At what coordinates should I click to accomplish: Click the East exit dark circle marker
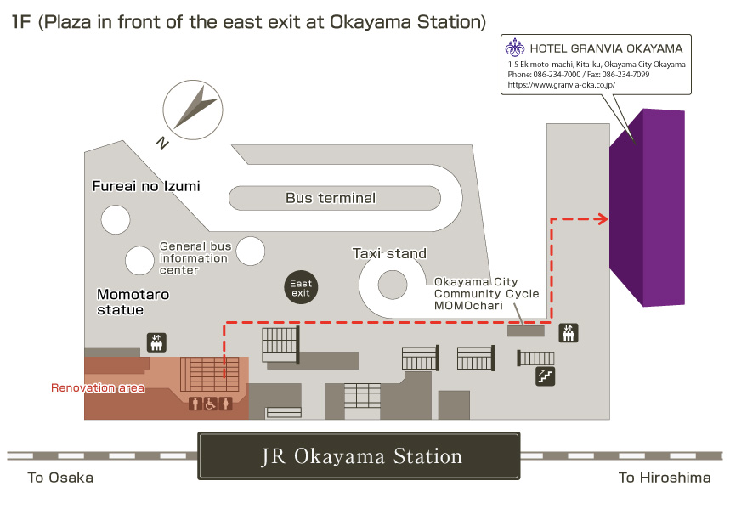(301, 287)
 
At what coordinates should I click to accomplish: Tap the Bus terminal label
(331, 198)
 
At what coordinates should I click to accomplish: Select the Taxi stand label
(389, 253)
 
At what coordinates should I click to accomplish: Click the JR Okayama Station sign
(359, 455)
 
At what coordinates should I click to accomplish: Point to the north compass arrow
(195, 107)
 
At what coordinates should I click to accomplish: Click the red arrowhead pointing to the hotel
(602, 219)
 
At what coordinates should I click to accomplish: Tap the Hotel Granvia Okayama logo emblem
(515, 48)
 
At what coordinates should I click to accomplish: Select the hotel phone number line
(578, 75)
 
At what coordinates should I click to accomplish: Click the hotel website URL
(562, 85)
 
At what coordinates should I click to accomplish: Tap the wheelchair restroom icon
(211, 404)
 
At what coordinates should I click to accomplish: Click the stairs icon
(546, 376)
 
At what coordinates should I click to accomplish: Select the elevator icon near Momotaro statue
(156, 342)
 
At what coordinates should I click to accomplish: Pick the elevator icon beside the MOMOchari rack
(569, 333)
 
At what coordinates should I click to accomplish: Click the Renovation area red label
(98, 387)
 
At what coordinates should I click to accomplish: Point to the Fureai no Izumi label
(146, 186)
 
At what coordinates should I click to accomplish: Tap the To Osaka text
(60, 478)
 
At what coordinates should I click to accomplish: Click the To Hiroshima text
(665, 478)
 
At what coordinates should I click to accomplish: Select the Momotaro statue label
(133, 302)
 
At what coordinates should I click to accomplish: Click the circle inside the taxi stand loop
(393, 285)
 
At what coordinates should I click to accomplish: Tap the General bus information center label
(195, 258)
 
